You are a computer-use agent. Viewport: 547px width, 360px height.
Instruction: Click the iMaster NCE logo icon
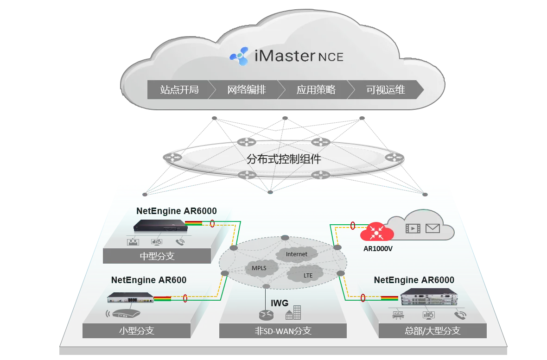coord(239,56)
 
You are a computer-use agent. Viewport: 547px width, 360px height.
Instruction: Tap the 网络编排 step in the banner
coord(246,89)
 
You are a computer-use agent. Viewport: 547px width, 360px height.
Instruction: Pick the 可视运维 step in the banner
coord(385,89)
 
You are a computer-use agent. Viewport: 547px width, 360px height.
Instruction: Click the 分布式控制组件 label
coord(284,159)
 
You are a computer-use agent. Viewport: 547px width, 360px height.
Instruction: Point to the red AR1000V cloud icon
coord(376,232)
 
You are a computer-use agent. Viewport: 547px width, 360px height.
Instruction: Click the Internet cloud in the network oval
coord(297,254)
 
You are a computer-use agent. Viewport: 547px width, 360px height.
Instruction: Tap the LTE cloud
coord(308,275)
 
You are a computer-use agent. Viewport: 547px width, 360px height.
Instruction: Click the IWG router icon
coord(266,315)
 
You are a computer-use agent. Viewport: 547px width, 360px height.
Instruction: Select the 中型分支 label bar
coord(157,256)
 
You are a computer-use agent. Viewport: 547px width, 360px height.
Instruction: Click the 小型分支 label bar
coord(136,330)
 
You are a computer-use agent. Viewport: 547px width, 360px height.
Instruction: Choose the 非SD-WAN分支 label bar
coord(283,331)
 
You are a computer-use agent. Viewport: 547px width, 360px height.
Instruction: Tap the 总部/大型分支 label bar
coord(432,331)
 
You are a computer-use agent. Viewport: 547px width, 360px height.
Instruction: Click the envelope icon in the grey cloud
coord(432,228)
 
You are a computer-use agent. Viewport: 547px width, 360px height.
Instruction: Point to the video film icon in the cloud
coord(413,228)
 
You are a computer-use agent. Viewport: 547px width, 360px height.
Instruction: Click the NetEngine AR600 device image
coord(130,297)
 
